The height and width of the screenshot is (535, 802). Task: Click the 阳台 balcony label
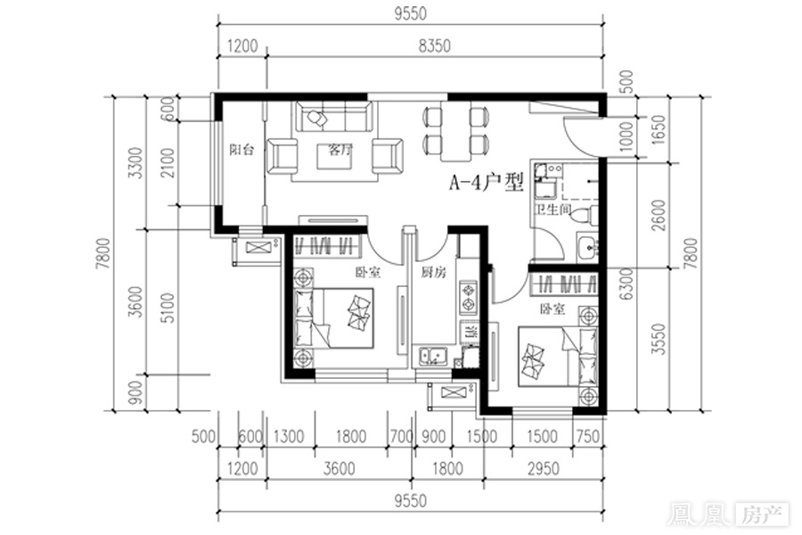[x=241, y=150]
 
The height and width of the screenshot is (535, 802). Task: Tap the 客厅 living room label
[x=340, y=150]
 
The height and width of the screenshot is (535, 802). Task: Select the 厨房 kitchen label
[x=433, y=272]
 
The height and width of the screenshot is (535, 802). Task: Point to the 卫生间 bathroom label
[x=552, y=209]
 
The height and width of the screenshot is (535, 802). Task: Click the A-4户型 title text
[x=487, y=182]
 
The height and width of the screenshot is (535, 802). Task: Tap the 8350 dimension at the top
[x=434, y=45]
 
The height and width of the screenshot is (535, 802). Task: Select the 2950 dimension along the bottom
[x=543, y=468]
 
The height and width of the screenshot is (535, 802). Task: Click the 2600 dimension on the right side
[x=659, y=215]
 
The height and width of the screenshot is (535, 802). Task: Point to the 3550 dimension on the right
[x=659, y=339]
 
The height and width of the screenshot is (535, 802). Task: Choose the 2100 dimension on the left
[x=168, y=163]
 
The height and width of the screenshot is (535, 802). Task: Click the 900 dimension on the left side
[x=135, y=392]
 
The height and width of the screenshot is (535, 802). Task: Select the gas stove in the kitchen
[x=468, y=297]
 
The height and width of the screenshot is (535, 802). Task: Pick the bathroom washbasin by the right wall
[x=588, y=248]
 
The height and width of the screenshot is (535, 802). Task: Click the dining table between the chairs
[x=454, y=132]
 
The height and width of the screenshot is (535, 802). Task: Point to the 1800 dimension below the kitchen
[x=447, y=468]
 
